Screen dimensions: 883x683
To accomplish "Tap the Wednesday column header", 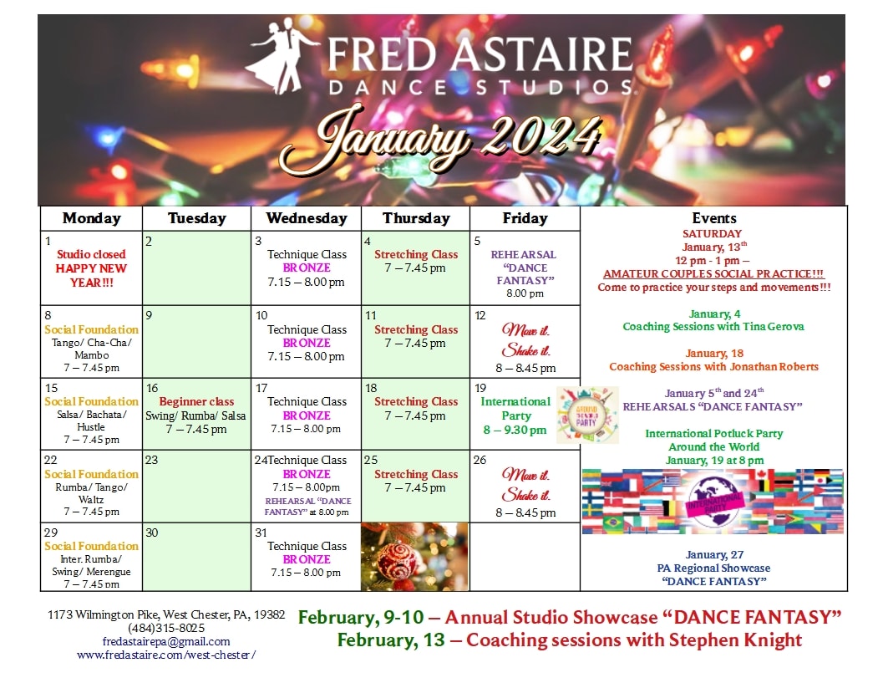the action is (x=307, y=218).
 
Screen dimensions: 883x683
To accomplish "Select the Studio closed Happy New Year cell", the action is (x=91, y=268).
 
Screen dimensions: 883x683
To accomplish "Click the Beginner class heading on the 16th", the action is (x=196, y=402).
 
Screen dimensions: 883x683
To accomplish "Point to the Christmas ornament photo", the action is (x=414, y=557).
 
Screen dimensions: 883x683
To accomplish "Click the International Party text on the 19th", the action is (x=515, y=409).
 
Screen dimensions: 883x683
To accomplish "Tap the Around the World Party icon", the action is (x=587, y=415).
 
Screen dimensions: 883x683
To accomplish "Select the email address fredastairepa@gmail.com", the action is (x=166, y=641).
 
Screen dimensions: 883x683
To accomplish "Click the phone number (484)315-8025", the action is (x=166, y=628).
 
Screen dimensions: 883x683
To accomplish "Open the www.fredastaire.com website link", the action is (x=166, y=655).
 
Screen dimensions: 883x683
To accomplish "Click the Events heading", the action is (x=714, y=218).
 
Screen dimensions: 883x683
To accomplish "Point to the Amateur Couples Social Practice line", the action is (x=713, y=274).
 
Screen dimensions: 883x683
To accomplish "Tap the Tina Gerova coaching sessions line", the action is (x=713, y=327).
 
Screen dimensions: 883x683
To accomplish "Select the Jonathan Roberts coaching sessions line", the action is (x=713, y=367).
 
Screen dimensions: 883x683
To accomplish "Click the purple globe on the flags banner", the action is (x=714, y=502).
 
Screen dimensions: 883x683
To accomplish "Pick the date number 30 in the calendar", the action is (x=152, y=533).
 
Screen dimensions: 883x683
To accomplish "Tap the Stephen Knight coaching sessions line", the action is (x=570, y=640).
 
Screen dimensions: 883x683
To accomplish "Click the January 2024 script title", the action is (x=440, y=138).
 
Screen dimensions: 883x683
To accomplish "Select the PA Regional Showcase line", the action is (x=713, y=568).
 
